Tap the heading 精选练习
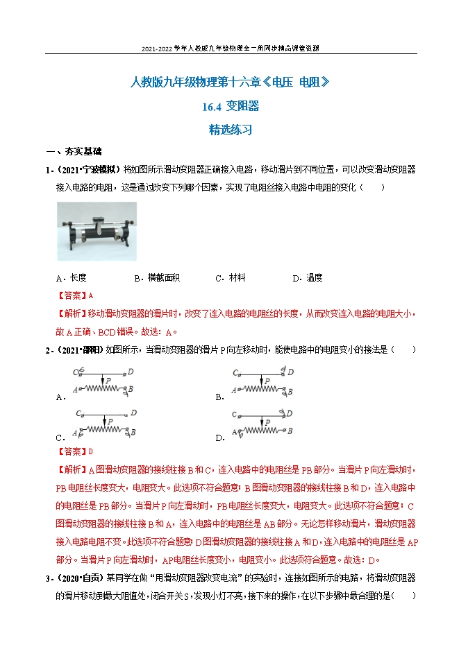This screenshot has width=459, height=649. [230, 129]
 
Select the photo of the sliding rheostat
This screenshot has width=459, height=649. [97, 231]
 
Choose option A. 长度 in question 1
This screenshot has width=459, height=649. [72, 278]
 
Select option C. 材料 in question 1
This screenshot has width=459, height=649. [231, 278]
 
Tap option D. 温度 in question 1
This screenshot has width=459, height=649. [307, 278]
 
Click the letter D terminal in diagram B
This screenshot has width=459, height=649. [291, 372]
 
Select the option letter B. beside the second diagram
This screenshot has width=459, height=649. [219, 397]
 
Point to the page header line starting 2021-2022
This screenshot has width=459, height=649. [230, 49]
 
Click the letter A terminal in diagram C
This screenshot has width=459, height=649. [82, 432]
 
